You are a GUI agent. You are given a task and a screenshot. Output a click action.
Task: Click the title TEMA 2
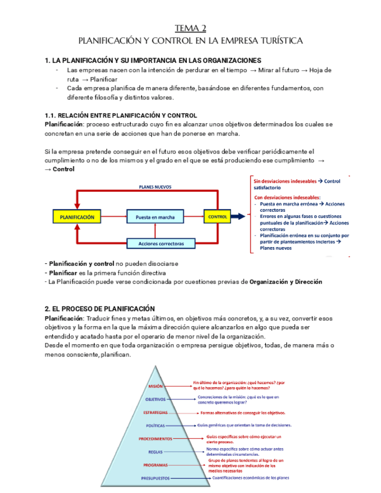pos(190,28)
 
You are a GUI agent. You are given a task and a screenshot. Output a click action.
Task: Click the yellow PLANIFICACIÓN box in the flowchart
pos(77,217)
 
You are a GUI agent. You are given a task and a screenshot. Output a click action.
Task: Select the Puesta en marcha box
pos(155,217)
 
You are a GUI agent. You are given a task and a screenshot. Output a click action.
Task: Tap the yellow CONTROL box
pos(217,217)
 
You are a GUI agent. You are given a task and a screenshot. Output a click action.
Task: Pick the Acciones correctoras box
pos(155,243)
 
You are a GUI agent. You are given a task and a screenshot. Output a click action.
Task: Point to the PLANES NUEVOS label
pos(155,187)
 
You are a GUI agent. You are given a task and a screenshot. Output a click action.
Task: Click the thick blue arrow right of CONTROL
pos(239,217)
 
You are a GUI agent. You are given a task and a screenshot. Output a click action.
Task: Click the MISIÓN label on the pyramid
pos(155,386)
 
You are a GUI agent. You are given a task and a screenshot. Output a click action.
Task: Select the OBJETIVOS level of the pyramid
pos(155,399)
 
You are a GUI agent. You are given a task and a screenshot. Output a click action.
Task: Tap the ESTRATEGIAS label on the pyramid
pos(155,412)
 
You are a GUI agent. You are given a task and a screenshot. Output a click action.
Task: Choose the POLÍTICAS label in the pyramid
pos(155,426)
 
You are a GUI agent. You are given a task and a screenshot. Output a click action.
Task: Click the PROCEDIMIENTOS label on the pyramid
pos(155,439)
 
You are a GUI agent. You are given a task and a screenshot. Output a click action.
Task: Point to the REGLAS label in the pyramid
pos(155,452)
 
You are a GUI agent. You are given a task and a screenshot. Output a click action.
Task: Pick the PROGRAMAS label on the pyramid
pos(155,465)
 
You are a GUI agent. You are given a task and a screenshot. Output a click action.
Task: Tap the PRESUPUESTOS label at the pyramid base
pos(155,478)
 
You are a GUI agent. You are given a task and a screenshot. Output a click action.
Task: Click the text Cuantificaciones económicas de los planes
pos(251,478)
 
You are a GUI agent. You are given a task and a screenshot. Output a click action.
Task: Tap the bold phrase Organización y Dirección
pos(286,282)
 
